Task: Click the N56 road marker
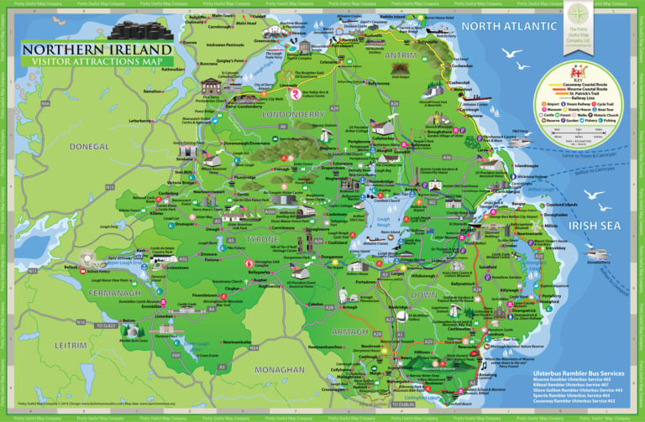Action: pos(44,103)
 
